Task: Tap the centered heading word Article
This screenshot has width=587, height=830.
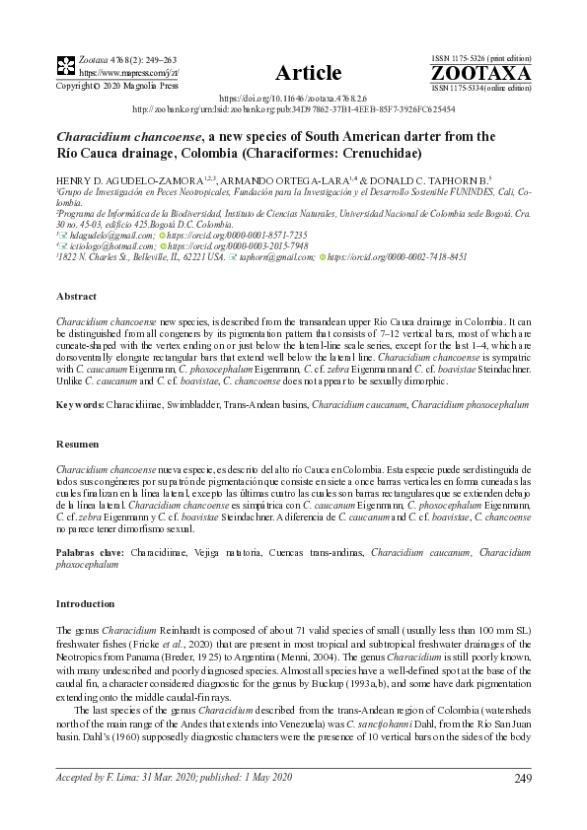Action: click(x=309, y=73)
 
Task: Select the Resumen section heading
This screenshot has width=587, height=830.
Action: click(x=79, y=445)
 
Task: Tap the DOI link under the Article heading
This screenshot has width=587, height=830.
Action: click(x=294, y=100)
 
